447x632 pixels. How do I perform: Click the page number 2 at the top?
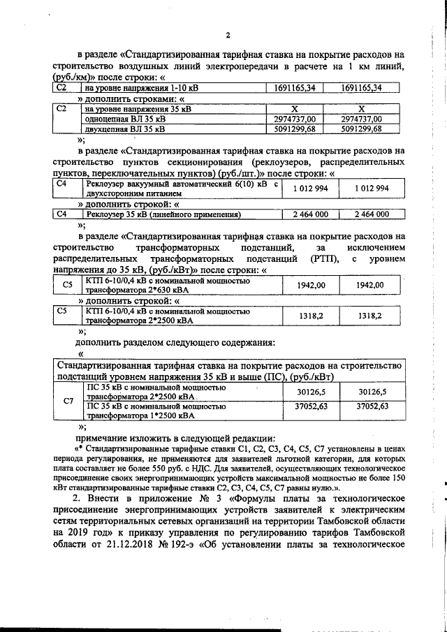[228, 36]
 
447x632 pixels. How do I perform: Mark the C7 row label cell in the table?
[68, 400]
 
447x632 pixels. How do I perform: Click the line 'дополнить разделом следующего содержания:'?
[175, 342]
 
